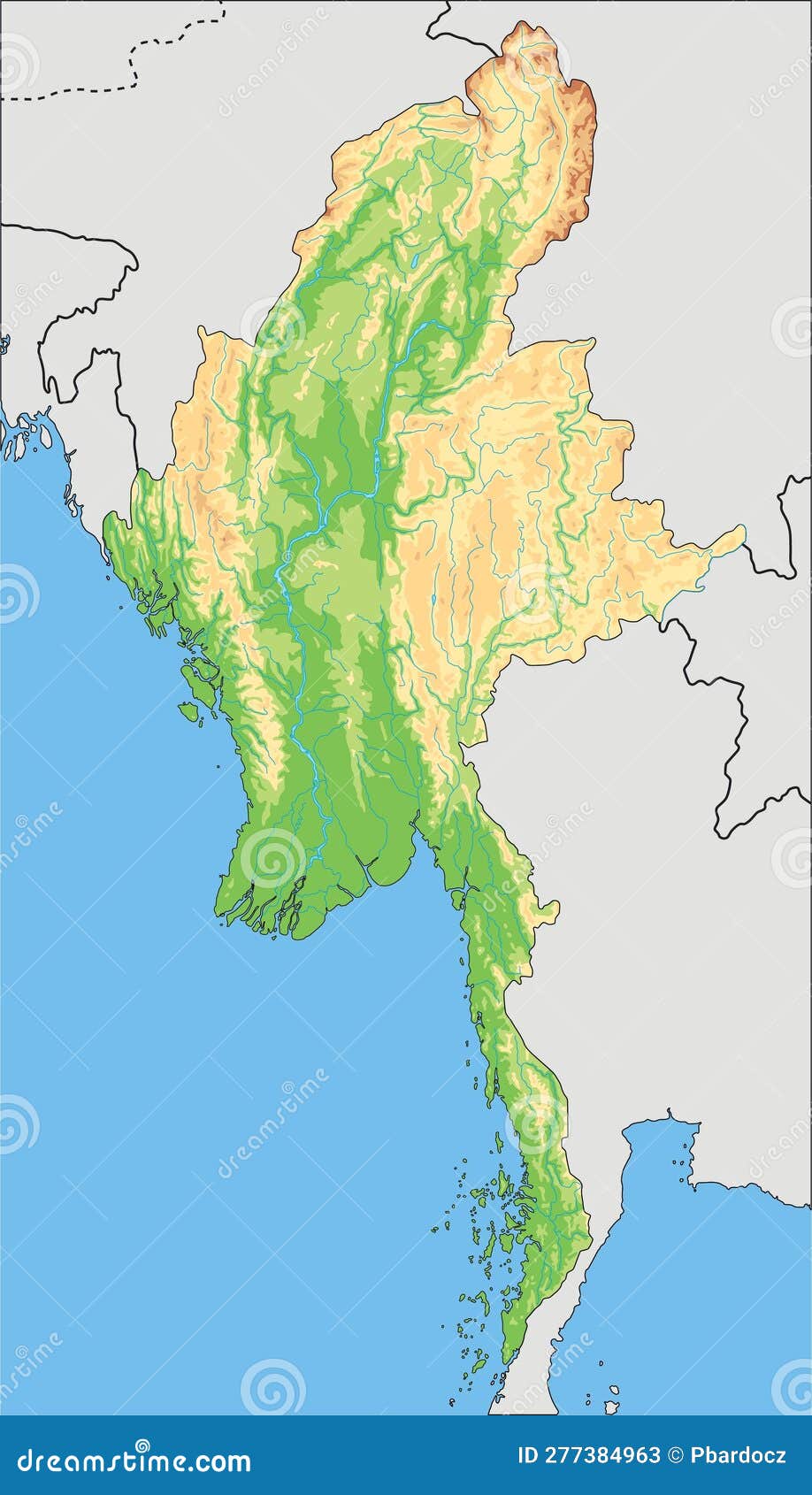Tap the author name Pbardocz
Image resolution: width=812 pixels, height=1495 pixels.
click(x=739, y=1456)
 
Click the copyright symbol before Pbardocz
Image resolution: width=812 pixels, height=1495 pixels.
click(x=675, y=1456)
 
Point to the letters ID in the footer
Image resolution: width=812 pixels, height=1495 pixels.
click(x=529, y=1456)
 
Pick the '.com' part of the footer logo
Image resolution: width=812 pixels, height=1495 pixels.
click(x=221, y=1460)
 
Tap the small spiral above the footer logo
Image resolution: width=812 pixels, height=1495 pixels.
click(x=273, y=1386)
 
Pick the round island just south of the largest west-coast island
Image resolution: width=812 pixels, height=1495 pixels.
click(x=188, y=709)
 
